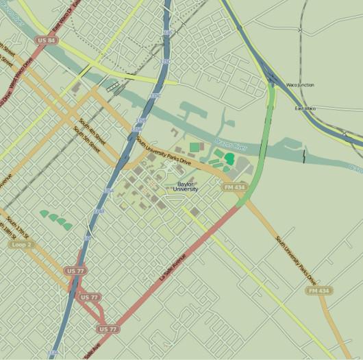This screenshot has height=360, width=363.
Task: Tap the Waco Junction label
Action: point(300,85)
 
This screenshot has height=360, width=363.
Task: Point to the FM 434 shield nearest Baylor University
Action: point(234,187)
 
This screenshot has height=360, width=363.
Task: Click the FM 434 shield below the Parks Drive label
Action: point(319,291)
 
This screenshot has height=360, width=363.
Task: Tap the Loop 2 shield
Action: point(23,244)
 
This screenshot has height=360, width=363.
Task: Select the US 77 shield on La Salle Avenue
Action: point(108,329)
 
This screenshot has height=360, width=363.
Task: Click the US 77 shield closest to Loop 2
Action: point(76,271)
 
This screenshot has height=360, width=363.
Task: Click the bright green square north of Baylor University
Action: point(195,147)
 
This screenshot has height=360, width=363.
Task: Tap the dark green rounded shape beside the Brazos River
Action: point(229,158)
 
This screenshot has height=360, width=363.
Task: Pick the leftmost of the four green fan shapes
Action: point(45,214)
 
